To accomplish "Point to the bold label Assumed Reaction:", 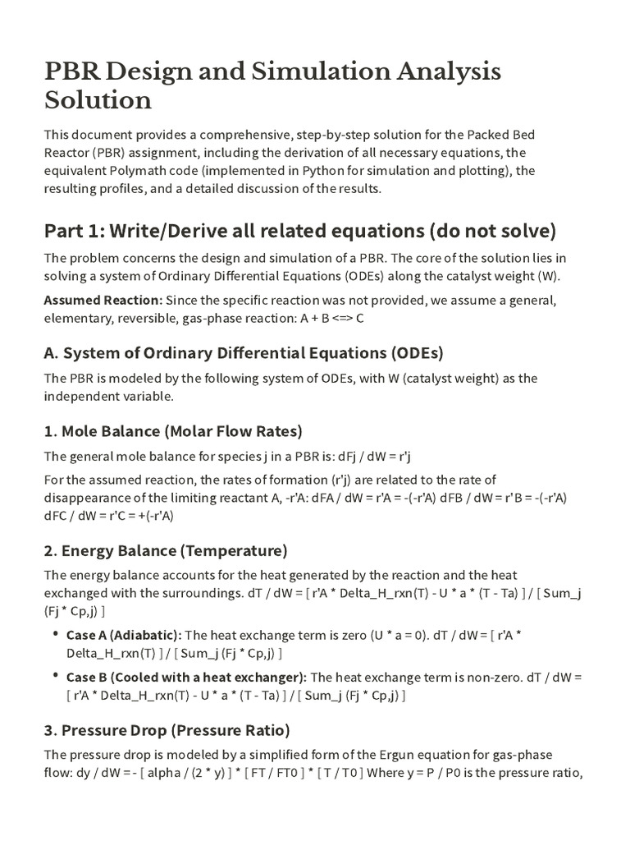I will pos(103,299).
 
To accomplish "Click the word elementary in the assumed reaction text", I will pos(79,317).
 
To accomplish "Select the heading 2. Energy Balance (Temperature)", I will pos(165,549).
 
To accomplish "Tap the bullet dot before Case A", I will pos(56,635).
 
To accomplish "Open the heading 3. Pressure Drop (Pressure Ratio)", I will pos(167,729).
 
